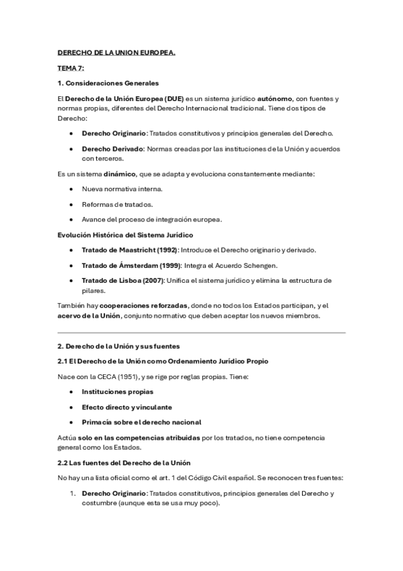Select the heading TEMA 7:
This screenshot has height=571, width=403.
[x=71, y=69]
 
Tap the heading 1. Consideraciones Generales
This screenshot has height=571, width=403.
[x=108, y=83]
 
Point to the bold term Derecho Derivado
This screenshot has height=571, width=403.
[x=112, y=148]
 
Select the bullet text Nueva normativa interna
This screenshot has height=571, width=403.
[x=122, y=189]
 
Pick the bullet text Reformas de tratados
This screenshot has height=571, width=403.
[x=116, y=204]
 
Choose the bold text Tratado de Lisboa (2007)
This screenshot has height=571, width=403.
[x=124, y=280]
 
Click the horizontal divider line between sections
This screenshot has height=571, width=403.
[x=201, y=333]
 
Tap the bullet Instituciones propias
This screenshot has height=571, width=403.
[x=117, y=391]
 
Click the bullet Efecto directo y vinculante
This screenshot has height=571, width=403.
[x=126, y=407]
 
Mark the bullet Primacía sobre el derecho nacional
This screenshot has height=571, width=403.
[x=141, y=422]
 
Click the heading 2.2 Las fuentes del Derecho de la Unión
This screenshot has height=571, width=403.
[x=124, y=463]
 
